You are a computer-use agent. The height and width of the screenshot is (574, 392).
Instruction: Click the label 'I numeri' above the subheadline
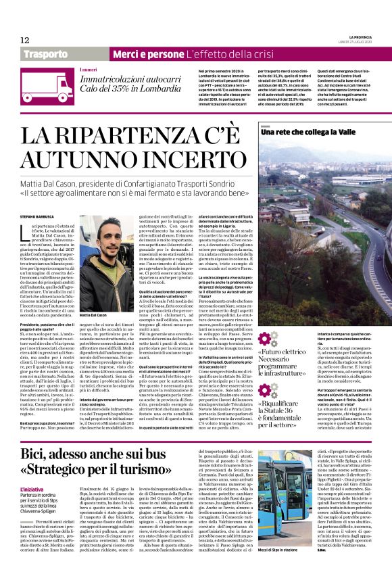89,70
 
